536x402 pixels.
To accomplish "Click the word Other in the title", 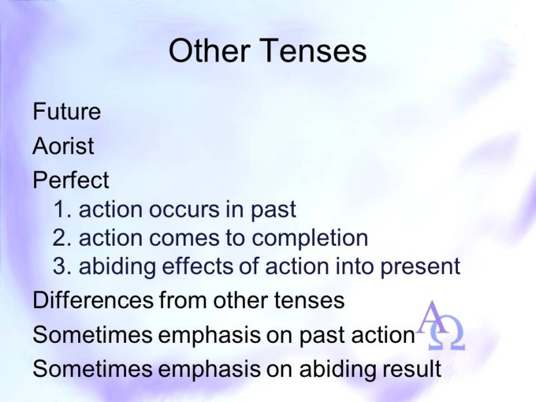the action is [x=209, y=50].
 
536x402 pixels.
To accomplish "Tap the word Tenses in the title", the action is [x=314, y=50].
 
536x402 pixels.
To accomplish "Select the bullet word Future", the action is [x=66, y=112].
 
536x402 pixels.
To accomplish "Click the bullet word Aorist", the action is [x=63, y=146].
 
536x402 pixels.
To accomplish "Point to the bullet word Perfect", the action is [x=71, y=180].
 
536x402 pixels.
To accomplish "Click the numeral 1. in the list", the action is [x=62, y=209].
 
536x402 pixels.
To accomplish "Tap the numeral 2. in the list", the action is [x=62, y=238].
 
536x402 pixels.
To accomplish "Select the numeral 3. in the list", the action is [x=62, y=266].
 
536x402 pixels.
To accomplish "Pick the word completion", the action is [x=309, y=238].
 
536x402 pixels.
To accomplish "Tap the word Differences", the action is [x=93, y=300].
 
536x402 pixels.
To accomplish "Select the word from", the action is [x=183, y=300].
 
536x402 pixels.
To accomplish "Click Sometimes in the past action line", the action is [x=93, y=334].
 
